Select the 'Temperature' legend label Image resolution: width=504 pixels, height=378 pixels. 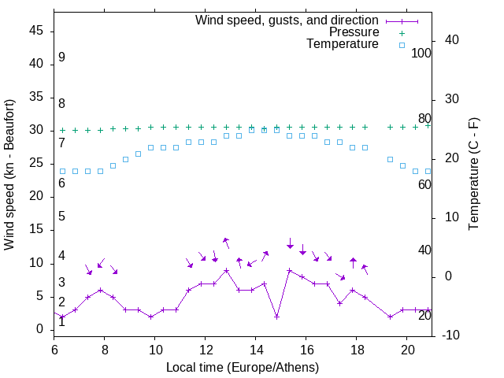pos(343,44)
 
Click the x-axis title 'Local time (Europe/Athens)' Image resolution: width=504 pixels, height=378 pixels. pos(243,367)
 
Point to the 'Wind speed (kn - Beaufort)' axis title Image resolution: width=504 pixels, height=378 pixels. pos(9,175)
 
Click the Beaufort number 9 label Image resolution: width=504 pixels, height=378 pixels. pos(61,57)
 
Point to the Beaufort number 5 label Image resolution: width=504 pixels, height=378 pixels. pos(61,217)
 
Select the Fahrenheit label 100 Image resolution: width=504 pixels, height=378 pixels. pos(422,53)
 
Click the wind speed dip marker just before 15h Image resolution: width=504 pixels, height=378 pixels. pos(277,317)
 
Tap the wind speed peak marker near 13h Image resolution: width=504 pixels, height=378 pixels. pos(227,270)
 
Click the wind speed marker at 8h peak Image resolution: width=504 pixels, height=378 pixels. pos(101,290)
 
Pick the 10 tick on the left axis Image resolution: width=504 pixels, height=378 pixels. pos(36,263)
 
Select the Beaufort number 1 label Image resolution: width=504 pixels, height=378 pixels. pos(61,321)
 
